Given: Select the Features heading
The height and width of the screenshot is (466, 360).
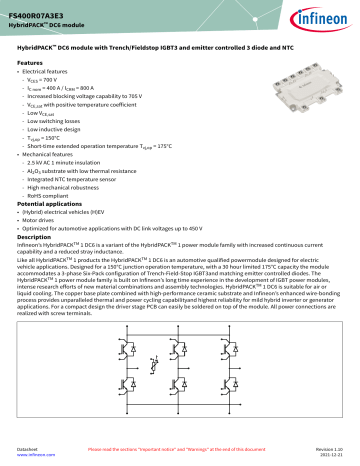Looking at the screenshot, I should (31, 62).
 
